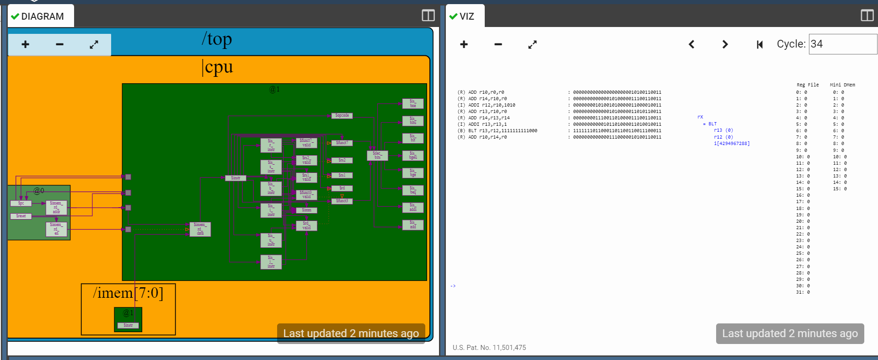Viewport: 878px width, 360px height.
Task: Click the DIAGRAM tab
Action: tap(41, 16)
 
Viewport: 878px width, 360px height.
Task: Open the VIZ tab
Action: tap(465, 16)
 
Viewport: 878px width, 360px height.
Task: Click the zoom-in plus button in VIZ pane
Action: tap(464, 44)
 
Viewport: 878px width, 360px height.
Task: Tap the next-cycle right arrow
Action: tap(725, 44)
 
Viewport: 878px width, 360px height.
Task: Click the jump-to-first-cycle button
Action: tap(760, 44)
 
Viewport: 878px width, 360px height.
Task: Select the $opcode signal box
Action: tap(342, 116)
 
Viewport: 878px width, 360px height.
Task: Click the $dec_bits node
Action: tap(377, 156)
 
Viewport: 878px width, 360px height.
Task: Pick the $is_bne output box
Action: tap(413, 104)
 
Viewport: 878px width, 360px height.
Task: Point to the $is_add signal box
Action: tap(413, 225)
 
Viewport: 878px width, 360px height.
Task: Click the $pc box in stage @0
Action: tap(21, 203)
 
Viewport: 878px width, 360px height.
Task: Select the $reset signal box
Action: tap(21, 216)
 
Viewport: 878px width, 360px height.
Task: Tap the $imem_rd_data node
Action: tap(200, 229)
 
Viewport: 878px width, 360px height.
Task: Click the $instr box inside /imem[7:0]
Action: tap(128, 325)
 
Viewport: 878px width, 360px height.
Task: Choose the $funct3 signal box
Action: tap(342, 201)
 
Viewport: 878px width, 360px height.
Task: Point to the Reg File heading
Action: tap(808, 85)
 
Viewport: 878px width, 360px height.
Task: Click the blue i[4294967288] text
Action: tap(732, 144)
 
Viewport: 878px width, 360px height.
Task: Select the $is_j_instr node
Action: tap(271, 262)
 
